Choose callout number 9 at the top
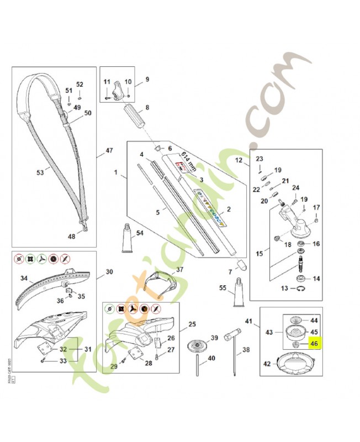pos(147,80)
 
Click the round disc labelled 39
pos(197,347)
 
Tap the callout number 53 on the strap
pos(40,173)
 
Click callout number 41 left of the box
pos(248,321)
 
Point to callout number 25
pos(192,324)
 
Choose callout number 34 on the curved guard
pos(24,278)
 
